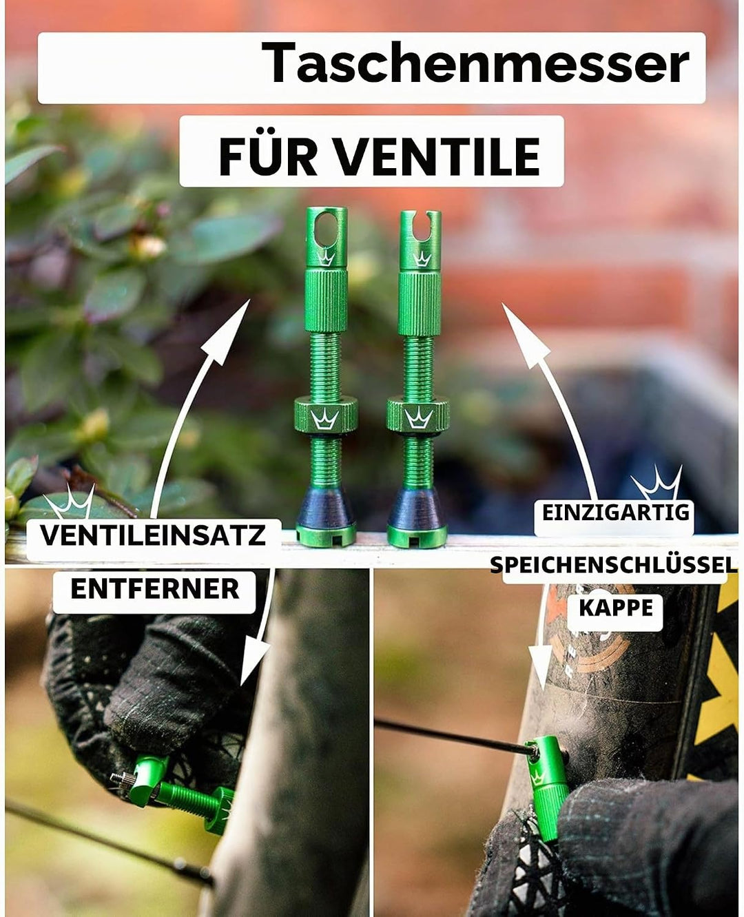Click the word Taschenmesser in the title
[x=475, y=63]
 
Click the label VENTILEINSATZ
[x=153, y=535]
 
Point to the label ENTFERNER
[x=155, y=588]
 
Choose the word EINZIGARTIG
[x=616, y=513]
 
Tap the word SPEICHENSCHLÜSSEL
[x=614, y=564]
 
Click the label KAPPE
[x=616, y=608]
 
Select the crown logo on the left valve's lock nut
[x=325, y=418]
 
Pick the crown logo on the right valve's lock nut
[x=418, y=418]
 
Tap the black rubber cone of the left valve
[x=326, y=509]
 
